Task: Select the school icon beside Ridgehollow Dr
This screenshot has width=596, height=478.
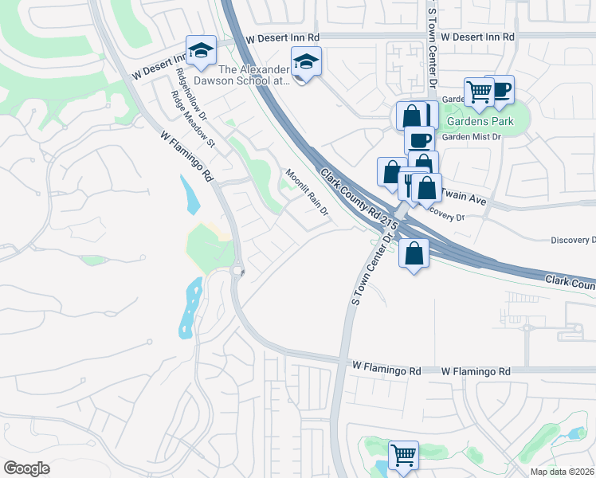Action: click(x=202, y=50)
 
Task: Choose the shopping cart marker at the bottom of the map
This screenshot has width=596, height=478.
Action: click(x=403, y=456)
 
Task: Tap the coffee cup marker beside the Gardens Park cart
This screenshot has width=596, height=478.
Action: click(x=500, y=89)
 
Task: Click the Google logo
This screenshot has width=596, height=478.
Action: click(x=27, y=468)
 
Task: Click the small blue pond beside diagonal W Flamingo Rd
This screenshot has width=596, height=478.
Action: click(x=192, y=194)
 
